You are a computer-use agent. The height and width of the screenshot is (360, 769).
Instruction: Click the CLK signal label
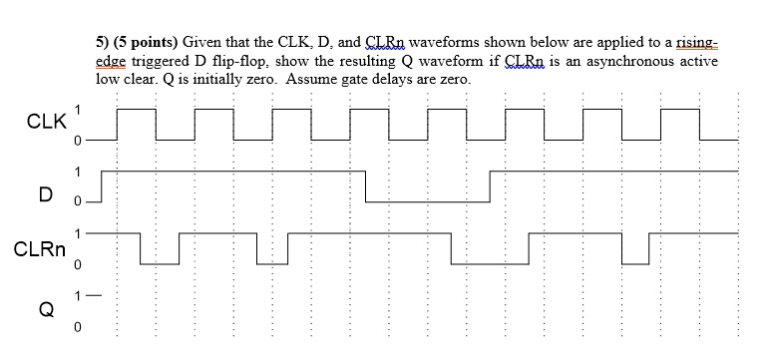point(46,124)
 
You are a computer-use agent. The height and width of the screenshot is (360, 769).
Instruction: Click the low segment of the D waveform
point(427,201)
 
